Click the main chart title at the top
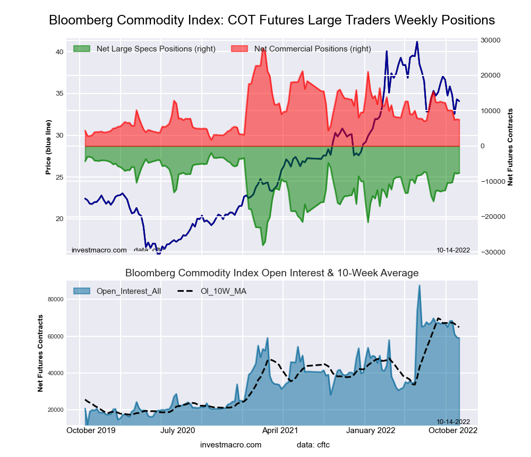[x=272, y=20]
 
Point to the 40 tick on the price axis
[x=59, y=52]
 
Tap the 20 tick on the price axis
[x=59, y=219]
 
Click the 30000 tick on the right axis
[x=492, y=40]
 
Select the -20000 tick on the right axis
[x=491, y=217]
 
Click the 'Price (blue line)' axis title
[x=48, y=147]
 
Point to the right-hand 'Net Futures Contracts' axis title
[x=510, y=147]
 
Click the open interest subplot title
[x=272, y=273]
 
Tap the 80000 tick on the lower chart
[x=55, y=300]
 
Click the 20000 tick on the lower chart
[x=55, y=410]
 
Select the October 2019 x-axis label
[x=89, y=430]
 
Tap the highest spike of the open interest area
[x=419, y=286]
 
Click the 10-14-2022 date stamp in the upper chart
[x=453, y=250]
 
